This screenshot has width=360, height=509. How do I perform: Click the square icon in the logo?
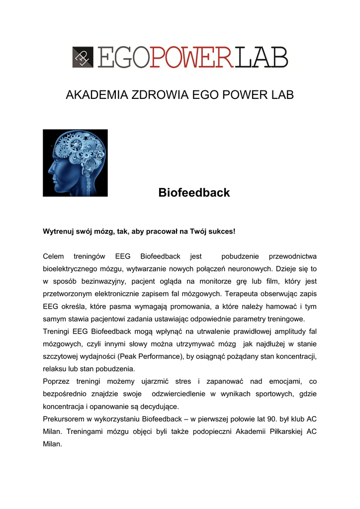click(83, 57)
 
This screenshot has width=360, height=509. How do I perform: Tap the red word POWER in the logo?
click(192, 57)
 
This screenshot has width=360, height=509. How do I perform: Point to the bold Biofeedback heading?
click(194, 192)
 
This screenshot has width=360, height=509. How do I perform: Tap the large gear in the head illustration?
click(76, 145)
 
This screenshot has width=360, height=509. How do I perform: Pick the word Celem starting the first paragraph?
click(54, 256)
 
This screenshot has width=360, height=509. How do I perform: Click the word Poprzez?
click(56, 381)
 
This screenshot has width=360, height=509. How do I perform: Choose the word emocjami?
click(285, 381)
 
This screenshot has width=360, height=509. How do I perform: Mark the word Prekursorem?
click(64, 419)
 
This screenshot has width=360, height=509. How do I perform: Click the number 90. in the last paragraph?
click(252, 419)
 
